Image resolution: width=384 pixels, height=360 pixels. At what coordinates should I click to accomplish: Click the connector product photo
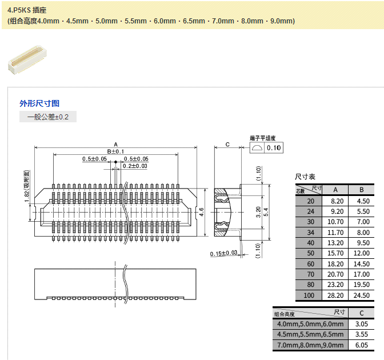point(27,60)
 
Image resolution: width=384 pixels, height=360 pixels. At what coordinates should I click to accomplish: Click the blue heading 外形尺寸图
point(39,103)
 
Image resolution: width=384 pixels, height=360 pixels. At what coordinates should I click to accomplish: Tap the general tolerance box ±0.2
point(48,117)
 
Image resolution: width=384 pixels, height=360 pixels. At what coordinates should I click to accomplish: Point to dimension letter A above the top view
point(116,145)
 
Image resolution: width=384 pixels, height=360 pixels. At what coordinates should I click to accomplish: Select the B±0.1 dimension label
point(115,151)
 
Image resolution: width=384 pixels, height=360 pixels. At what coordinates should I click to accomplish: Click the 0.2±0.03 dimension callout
point(135,166)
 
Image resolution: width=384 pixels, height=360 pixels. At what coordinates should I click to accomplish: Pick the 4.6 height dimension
point(201,212)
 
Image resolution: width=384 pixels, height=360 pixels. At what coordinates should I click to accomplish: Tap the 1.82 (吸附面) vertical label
point(27,186)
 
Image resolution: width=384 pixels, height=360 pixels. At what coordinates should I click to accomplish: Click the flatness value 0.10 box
point(274,147)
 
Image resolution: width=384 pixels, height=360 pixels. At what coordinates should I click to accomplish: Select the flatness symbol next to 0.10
point(257,147)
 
